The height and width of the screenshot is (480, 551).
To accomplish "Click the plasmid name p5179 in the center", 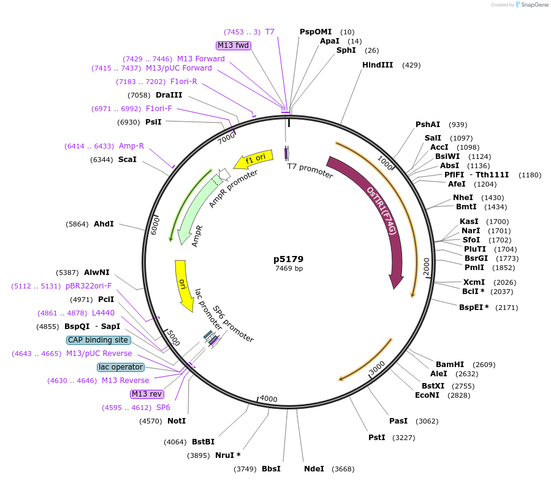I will click(288, 259).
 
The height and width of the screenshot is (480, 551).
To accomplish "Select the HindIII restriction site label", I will click(378, 65).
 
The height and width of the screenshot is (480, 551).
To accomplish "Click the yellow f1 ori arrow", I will click(255, 159).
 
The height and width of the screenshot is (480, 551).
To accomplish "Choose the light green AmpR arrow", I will click(194, 209).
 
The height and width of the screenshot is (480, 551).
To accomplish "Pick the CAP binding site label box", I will click(98, 340).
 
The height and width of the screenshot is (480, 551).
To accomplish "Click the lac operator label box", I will click(121, 367).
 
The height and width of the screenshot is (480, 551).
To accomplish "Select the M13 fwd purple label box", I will click(234, 45).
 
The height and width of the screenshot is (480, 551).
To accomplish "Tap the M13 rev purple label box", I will click(147, 394).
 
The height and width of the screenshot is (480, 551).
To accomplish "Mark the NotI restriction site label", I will click(177, 421).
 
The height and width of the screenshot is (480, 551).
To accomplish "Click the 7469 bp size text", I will click(289, 268).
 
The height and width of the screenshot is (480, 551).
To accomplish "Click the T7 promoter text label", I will click(310, 171).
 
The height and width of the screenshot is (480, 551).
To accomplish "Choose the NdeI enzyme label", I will click(314, 469).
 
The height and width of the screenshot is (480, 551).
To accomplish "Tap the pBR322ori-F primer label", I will click(89, 286).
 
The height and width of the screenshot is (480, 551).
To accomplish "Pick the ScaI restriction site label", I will click(127, 160).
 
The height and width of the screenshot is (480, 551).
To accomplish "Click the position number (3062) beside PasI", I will click(427, 421).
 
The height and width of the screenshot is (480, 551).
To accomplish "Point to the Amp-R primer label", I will click(132, 146).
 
